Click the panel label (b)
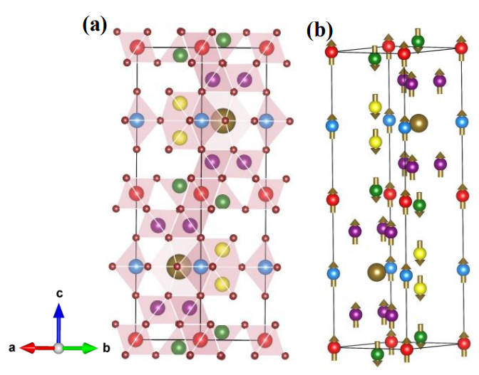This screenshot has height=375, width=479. tap(319, 30)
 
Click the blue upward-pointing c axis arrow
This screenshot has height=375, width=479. tap(59, 320)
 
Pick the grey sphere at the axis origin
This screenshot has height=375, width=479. tap(59, 348)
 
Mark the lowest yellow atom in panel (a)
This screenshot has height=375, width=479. tap(222, 283)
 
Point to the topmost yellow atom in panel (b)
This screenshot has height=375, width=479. tap(375, 107)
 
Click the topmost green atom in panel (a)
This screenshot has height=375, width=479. tap(223, 40)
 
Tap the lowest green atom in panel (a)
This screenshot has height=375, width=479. tap(180, 347)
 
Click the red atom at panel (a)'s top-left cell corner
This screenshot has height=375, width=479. tap(138, 48)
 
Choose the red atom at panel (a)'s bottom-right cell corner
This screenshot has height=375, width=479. tap(266, 339)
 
